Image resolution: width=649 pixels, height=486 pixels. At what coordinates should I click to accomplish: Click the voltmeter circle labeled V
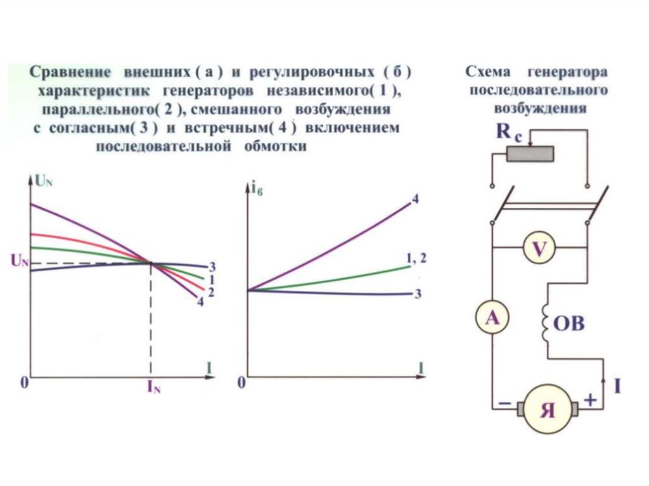(x=539, y=249)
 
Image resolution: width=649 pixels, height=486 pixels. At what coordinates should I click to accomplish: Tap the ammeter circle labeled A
(x=492, y=318)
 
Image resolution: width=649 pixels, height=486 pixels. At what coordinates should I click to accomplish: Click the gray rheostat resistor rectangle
(x=530, y=155)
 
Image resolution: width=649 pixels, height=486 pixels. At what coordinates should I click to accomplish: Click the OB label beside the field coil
(x=569, y=323)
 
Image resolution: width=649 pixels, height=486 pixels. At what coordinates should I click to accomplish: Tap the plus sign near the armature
(x=590, y=399)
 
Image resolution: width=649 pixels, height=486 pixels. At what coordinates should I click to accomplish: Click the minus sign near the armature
(x=505, y=403)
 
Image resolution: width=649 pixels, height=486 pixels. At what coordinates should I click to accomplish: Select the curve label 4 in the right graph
(x=415, y=200)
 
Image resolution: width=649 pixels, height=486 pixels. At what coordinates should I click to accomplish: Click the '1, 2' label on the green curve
(x=416, y=259)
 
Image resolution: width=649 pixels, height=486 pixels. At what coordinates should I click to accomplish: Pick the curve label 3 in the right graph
(x=418, y=294)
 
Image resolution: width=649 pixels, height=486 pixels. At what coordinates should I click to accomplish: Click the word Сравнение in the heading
(x=70, y=72)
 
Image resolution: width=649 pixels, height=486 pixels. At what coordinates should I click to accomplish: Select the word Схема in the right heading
(x=488, y=72)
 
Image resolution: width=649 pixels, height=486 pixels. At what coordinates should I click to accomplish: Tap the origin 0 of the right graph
(x=241, y=383)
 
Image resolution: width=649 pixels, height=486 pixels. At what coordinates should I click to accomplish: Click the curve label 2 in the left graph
(x=211, y=293)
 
